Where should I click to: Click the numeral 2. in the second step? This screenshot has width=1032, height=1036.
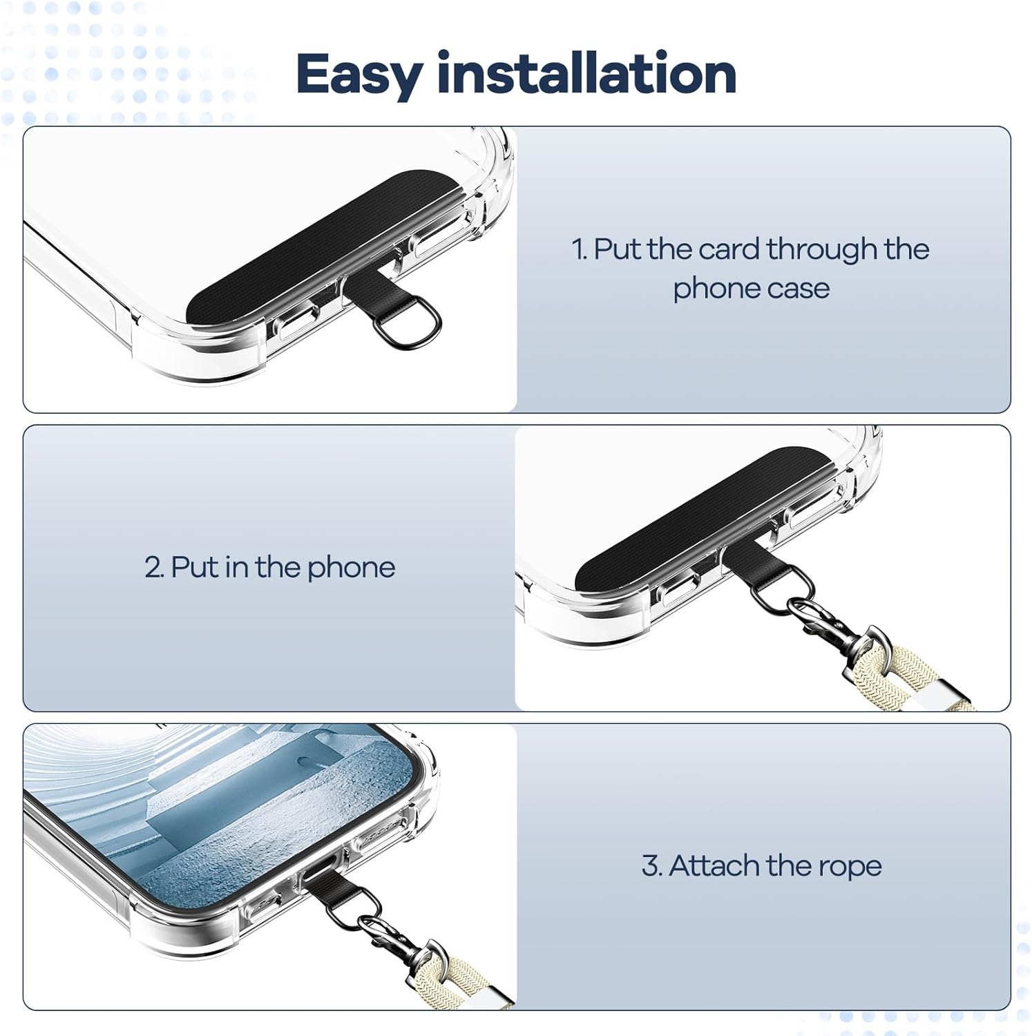pyautogui.click(x=154, y=568)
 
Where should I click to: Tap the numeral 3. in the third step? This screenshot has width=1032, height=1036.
pyautogui.click(x=652, y=865)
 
